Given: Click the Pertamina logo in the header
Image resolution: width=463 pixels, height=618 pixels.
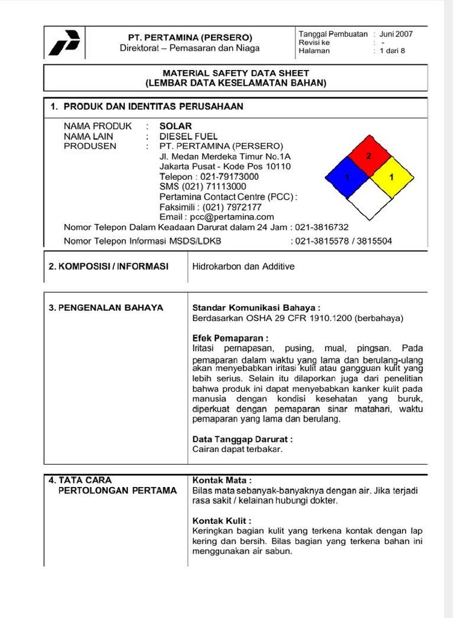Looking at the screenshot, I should click(65, 42).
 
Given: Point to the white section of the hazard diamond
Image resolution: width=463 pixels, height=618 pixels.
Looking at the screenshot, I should click(369, 199).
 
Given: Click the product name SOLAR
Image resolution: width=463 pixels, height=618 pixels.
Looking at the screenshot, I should click(175, 126).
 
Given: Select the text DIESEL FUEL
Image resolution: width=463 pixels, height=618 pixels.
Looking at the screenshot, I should click(189, 136).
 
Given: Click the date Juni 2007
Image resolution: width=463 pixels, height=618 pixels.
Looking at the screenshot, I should click(396, 34).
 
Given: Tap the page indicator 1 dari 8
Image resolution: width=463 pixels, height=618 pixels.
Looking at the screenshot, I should click(392, 51).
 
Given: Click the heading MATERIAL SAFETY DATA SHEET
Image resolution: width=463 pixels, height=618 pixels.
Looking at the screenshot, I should click(236, 72).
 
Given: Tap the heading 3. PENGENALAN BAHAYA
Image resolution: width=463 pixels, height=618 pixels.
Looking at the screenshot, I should click(106, 307).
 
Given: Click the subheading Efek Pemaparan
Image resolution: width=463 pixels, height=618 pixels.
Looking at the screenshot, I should click(230, 338).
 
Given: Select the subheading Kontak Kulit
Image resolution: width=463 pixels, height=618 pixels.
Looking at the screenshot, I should click(221, 521).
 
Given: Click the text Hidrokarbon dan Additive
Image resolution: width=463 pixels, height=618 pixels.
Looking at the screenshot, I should click(243, 266).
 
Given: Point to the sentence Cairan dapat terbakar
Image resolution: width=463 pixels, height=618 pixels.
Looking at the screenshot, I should click(237, 449).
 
